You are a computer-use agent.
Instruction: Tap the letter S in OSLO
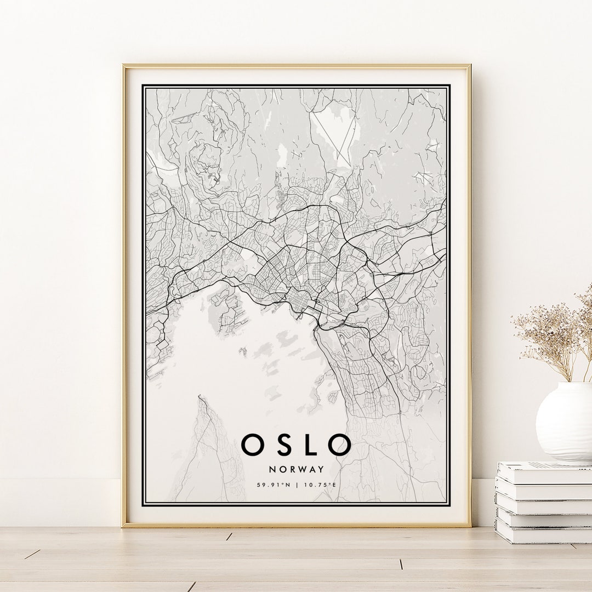point(282,445)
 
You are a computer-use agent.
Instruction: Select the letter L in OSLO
point(309,445)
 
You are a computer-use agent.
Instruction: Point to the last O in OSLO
point(339,445)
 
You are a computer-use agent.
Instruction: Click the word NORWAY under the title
point(297,469)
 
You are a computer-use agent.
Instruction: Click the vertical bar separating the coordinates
point(297,485)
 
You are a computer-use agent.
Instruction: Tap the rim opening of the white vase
point(570,385)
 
